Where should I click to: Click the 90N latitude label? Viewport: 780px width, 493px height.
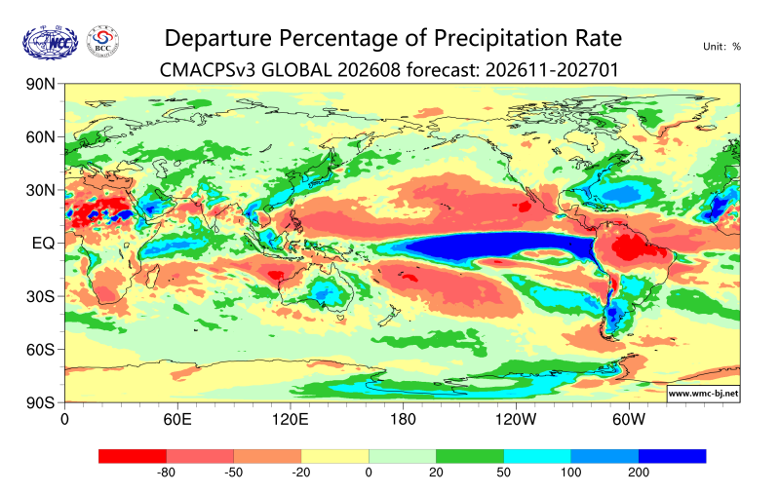40,84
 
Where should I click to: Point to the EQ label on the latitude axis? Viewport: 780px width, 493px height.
43,243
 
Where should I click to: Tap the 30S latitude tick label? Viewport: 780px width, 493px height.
40,296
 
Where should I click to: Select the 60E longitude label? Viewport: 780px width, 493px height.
177,420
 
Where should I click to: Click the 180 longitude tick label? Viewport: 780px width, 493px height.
403,420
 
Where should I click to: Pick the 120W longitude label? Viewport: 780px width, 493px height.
516,420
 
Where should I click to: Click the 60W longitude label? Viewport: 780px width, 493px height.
628,420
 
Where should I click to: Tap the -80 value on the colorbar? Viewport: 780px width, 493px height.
166,473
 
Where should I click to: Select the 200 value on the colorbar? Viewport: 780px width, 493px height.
639,473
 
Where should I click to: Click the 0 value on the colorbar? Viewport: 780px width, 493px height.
369,473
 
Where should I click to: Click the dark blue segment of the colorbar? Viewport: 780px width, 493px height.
672,456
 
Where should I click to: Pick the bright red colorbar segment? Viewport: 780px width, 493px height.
133,456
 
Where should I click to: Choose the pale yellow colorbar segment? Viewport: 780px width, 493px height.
334,456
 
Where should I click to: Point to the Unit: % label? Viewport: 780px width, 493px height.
721,47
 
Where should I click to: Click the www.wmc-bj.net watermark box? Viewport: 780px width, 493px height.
703,393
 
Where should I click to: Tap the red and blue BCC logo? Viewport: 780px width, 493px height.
102,42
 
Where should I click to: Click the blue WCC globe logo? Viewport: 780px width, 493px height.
51,43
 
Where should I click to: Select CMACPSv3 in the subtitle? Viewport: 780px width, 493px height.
208,70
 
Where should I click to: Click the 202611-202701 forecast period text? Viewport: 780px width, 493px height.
552,70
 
